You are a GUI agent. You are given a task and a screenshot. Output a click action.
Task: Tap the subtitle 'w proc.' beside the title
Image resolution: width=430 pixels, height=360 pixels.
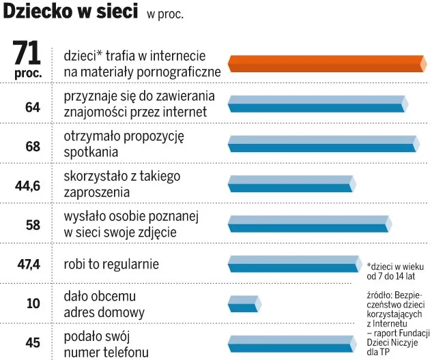pyautogui.click(x=164, y=14)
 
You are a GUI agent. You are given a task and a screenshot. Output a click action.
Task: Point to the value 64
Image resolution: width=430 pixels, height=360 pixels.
pyautogui.click(x=32, y=106)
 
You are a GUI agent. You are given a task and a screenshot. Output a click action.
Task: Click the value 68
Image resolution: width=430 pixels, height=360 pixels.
pyautogui.click(x=32, y=147)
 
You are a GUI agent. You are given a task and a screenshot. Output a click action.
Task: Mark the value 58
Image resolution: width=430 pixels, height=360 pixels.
pyautogui.click(x=32, y=224)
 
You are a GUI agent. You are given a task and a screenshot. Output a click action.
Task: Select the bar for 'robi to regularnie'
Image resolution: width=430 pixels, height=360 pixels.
pyautogui.click(x=294, y=262)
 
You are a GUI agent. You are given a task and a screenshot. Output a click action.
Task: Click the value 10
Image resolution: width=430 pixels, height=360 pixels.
pyautogui.click(x=33, y=303)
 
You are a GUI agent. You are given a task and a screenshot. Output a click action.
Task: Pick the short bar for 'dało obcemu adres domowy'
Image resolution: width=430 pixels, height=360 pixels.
pyautogui.click(x=244, y=303)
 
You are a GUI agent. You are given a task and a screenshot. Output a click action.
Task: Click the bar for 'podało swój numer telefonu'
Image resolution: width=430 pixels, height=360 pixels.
pyautogui.click(x=291, y=342)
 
